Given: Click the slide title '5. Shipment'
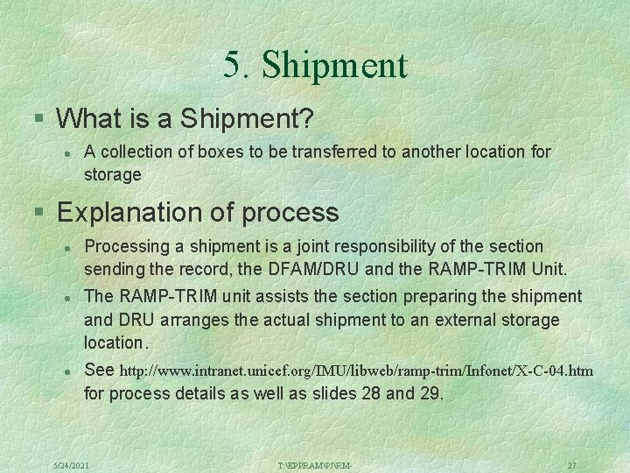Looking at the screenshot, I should pos(315,65).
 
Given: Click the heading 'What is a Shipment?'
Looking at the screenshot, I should pos(185,117).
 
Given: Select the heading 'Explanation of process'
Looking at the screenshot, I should pos(198,212).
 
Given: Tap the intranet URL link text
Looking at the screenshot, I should pos(355,371).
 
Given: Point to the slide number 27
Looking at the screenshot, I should pos(571,463).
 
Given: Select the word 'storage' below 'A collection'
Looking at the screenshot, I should pos(112,174).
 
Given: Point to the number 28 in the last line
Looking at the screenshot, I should pos(371,393).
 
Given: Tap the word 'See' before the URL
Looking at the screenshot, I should pos(99,371).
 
